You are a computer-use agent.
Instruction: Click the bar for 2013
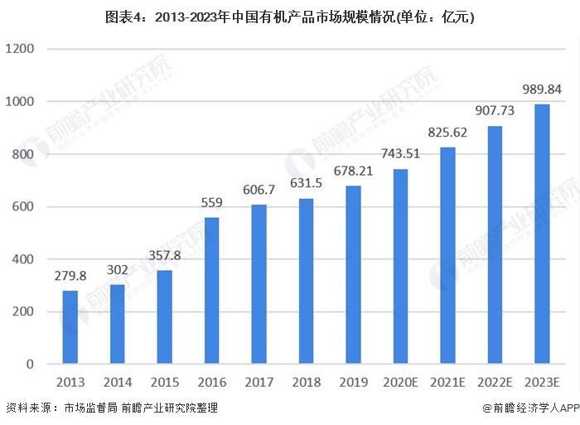click(x=70, y=327)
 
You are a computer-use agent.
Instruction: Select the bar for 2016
click(x=211, y=291)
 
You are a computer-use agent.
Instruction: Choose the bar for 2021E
click(x=447, y=256)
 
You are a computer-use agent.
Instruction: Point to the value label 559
click(x=211, y=201)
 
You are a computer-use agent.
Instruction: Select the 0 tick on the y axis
click(x=29, y=365)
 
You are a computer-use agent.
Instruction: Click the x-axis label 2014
click(x=117, y=382)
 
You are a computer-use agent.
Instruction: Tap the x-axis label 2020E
click(x=400, y=382)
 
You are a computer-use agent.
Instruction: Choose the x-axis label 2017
click(x=259, y=382)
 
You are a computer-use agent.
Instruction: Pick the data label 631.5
click(x=306, y=183)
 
